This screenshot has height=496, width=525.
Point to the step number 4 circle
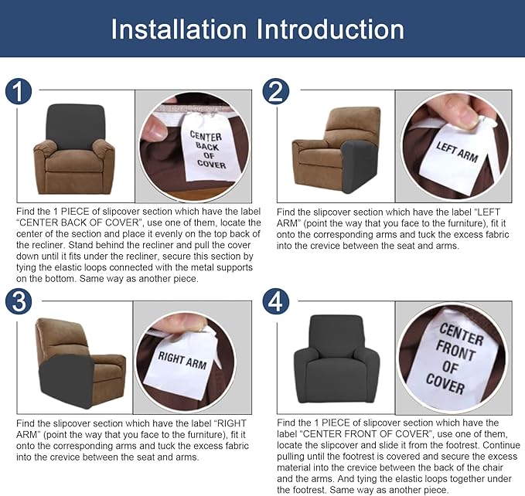[x=276, y=301]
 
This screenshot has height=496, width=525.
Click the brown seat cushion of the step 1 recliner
[x=74, y=161]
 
